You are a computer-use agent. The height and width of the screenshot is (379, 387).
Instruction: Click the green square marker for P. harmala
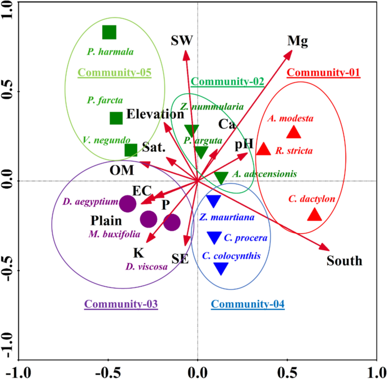(109, 32)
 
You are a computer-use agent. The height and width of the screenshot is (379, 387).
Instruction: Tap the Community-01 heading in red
(324, 72)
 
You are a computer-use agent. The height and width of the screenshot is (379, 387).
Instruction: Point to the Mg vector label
(298, 41)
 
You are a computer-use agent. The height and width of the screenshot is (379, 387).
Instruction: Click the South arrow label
(344, 261)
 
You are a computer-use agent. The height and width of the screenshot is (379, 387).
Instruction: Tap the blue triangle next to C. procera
(214, 238)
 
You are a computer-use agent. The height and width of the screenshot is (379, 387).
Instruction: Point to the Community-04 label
(247, 304)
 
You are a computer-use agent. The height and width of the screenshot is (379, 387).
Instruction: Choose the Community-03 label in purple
(120, 304)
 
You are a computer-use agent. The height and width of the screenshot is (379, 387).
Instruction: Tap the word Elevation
(155, 114)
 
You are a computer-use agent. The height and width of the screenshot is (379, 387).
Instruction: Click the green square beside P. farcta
(116, 118)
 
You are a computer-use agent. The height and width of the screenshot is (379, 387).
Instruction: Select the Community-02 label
(228, 81)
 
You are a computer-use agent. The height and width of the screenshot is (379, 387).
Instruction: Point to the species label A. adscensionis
(268, 174)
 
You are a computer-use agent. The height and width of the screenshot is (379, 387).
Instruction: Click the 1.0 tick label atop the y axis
(8, 12)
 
